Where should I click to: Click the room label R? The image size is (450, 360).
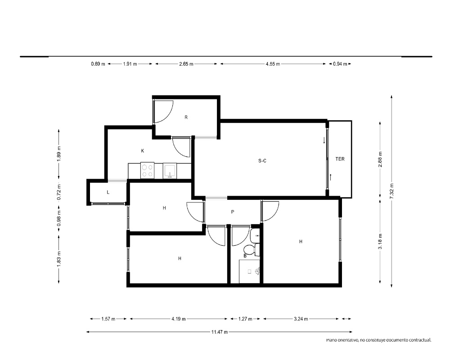186,117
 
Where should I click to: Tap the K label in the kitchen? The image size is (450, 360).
143,151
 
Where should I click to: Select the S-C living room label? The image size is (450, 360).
262,161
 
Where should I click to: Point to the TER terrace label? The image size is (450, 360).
340,159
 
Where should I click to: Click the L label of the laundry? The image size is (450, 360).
108,192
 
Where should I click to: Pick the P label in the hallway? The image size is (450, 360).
233,212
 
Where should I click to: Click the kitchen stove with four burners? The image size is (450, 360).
148,171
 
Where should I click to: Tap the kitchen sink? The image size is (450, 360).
170,171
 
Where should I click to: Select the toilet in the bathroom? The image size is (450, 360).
252,249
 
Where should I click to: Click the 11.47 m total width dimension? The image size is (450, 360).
220,332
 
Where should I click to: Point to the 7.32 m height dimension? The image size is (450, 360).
392,191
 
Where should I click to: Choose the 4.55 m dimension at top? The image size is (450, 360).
273,64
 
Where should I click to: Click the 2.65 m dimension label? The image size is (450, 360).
186,64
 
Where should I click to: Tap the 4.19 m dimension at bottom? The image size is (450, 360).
179,319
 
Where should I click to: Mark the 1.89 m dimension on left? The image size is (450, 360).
59,154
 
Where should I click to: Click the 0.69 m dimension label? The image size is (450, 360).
98,64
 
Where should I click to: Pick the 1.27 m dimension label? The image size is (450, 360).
245,319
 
